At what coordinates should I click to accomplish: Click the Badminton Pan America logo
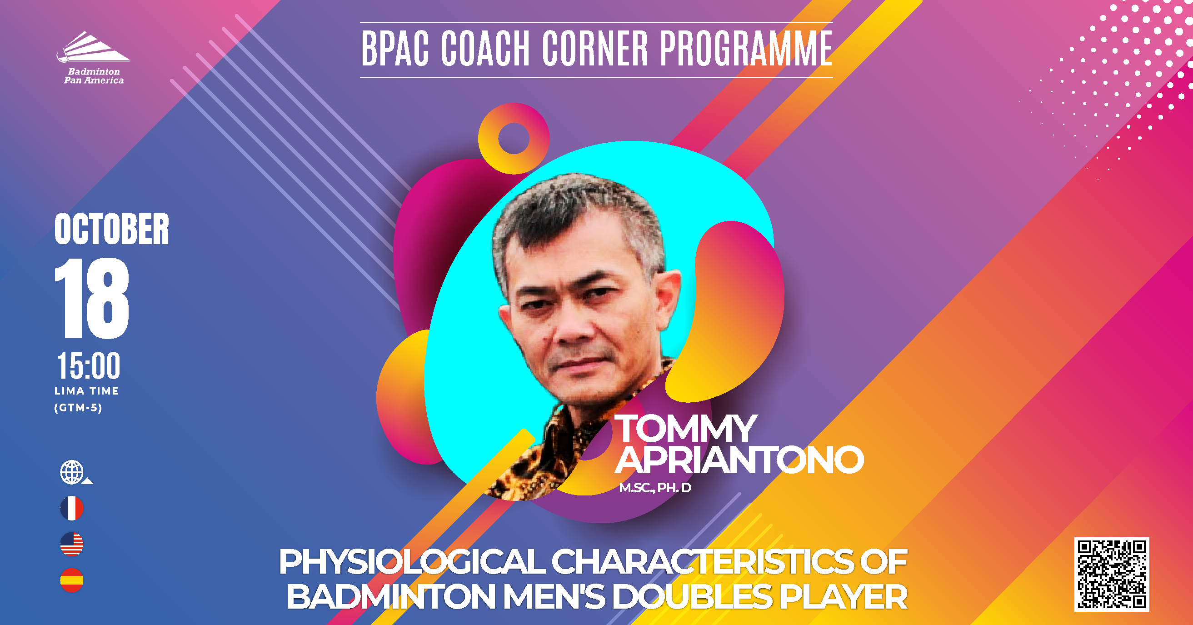[x=93, y=58]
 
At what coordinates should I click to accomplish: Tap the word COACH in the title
[x=485, y=49]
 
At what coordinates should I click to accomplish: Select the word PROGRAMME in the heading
[x=746, y=49]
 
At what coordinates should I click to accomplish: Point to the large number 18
[x=92, y=298]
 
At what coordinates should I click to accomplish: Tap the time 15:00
[x=89, y=365]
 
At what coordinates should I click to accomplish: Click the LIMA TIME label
[x=87, y=391]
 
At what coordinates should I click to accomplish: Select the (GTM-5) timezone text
[x=78, y=408]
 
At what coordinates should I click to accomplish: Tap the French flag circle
[x=72, y=508]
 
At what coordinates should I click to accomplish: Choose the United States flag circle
[x=72, y=544]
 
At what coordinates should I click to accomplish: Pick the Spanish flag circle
[x=72, y=580]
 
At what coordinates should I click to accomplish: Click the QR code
[x=1112, y=574]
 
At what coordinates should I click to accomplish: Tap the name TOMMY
[x=686, y=429]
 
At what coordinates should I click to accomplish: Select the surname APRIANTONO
[x=739, y=460]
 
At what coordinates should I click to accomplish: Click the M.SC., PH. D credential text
[x=655, y=488]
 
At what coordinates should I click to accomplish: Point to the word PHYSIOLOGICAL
[x=413, y=562]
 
